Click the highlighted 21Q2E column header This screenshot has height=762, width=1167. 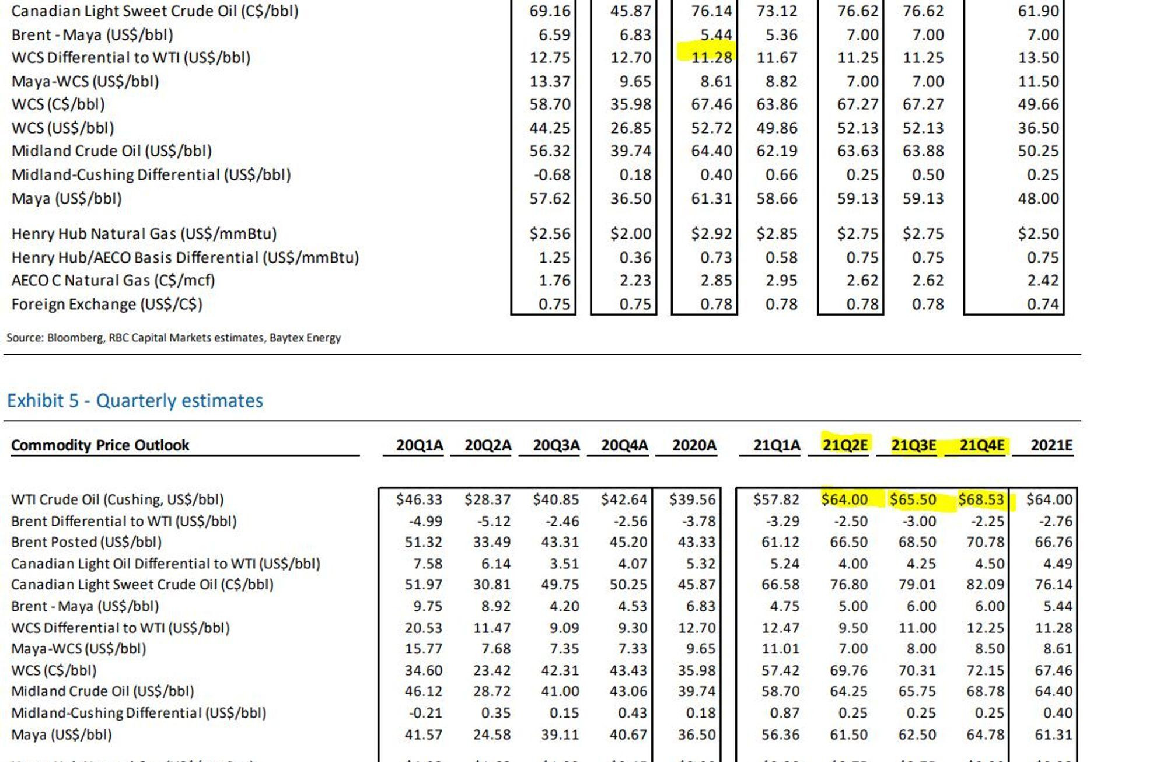[x=844, y=445]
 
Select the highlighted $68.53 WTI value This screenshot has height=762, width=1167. [x=981, y=499]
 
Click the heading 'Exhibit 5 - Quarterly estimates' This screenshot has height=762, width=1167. [x=135, y=401]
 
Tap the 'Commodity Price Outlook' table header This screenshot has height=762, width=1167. [x=100, y=445]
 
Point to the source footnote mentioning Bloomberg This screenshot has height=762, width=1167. [x=173, y=338]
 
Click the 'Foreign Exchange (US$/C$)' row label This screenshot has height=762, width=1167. [x=107, y=304]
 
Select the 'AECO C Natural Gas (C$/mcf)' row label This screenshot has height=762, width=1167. [x=113, y=281]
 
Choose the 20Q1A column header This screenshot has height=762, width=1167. [x=420, y=445]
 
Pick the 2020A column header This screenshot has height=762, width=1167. [x=694, y=445]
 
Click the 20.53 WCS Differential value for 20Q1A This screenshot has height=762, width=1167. [x=424, y=628]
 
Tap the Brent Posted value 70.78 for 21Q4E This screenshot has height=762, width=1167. [x=986, y=542]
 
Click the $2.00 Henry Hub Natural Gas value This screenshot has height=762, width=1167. [x=631, y=233]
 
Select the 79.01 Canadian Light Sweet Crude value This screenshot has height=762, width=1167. [x=917, y=585]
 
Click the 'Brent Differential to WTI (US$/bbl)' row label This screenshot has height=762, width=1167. [x=124, y=521]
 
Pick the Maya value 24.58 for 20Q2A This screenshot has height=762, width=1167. [x=492, y=734]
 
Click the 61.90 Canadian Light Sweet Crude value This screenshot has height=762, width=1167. [x=1039, y=11]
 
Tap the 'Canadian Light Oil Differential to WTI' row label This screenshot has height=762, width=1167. [x=166, y=564]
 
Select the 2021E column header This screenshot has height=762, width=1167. [x=1051, y=445]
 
